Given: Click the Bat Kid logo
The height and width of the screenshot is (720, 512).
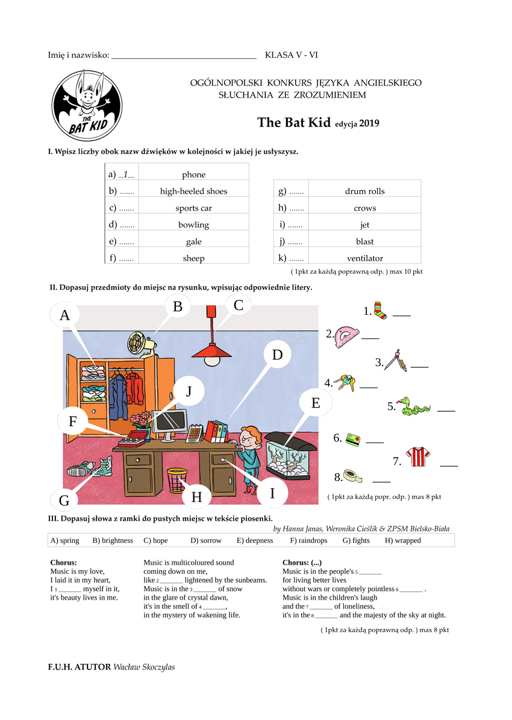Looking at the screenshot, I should [x=87, y=105].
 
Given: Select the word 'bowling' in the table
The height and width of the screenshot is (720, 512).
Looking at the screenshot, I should [x=193, y=225].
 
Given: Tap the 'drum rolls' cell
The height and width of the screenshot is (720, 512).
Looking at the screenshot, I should [x=364, y=191].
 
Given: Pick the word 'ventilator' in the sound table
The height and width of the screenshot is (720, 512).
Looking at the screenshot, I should [x=364, y=258].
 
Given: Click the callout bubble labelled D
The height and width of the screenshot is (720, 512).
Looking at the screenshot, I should [x=277, y=355].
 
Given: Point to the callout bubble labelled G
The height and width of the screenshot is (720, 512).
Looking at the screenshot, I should [x=64, y=500].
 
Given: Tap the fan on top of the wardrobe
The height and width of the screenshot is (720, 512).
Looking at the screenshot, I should [x=140, y=344].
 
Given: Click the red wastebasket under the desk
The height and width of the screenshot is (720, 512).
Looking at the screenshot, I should [x=177, y=479].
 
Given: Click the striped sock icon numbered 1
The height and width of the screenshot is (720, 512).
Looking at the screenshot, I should [x=379, y=311].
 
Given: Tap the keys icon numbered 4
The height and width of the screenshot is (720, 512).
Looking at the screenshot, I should [x=345, y=382].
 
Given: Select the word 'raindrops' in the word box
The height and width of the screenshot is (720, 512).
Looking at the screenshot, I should [x=308, y=541].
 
